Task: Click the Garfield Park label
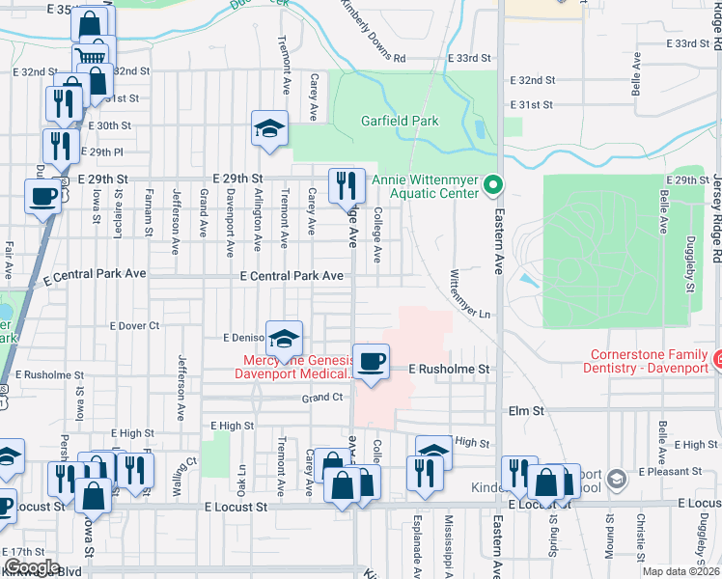[x=400, y=121]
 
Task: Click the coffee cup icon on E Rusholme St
[x=371, y=362]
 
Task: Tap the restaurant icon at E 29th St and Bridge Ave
[x=346, y=183]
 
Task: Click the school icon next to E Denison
[x=284, y=339]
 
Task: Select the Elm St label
[x=527, y=410]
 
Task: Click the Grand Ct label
[x=322, y=398]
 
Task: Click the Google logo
[x=31, y=567]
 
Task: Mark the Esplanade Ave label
[x=416, y=551]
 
